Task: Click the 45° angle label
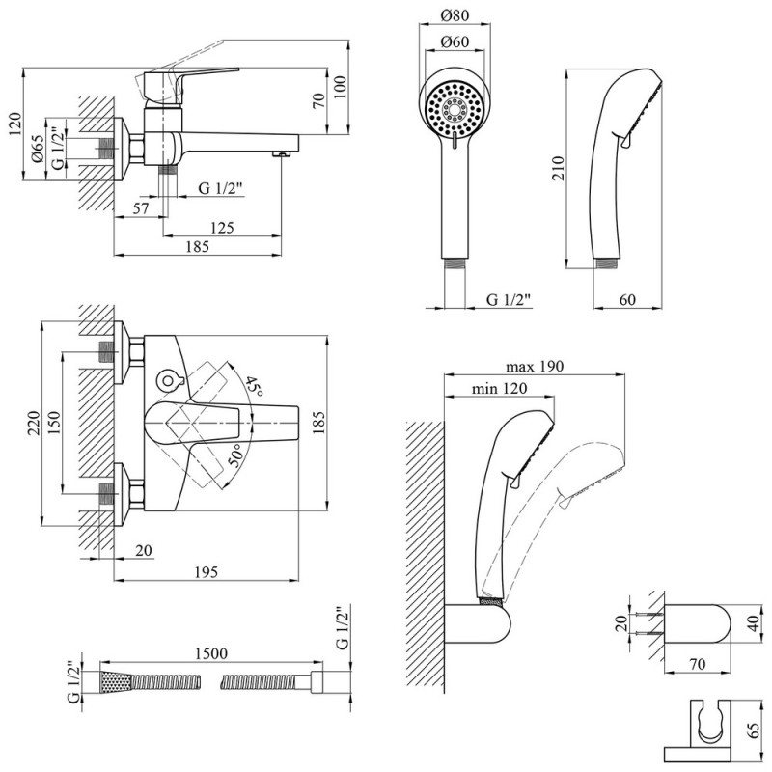click(x=254, y=387)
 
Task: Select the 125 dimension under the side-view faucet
click(x=222, y=227)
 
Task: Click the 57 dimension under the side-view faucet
click(x=139, y=207)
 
